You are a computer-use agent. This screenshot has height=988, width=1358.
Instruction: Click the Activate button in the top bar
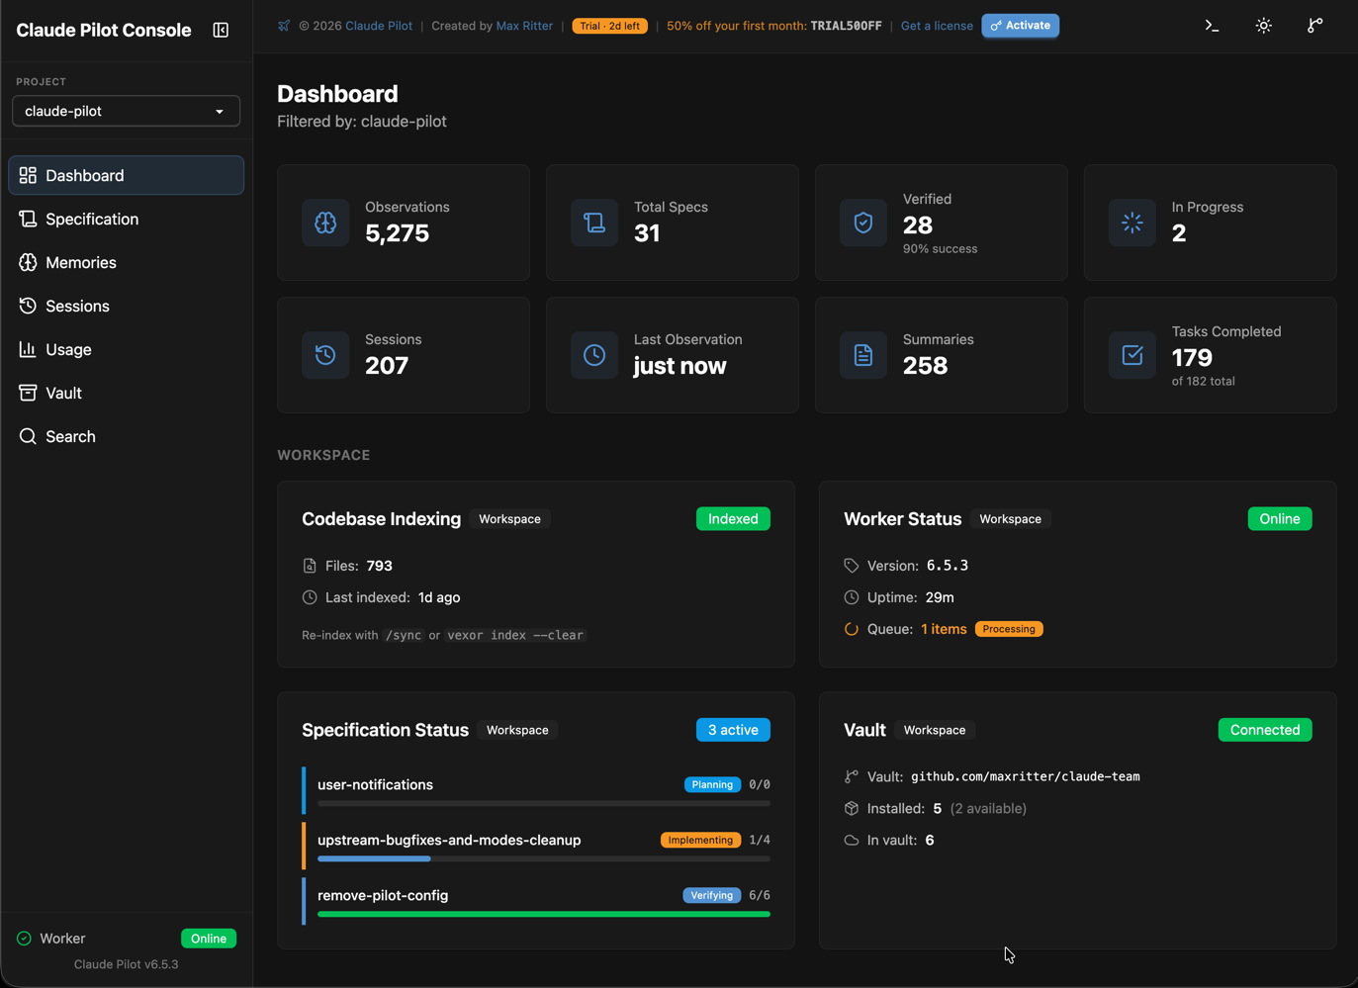pos(1020,26)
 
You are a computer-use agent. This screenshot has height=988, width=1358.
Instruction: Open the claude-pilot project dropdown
pos(126,111)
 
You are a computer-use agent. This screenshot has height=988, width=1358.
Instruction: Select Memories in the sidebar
pos(80,262)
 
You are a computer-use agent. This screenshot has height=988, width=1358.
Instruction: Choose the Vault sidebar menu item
pos(63,393)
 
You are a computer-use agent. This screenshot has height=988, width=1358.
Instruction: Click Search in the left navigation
pos(70,436)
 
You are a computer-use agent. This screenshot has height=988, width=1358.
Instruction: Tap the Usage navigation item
pos(68,349)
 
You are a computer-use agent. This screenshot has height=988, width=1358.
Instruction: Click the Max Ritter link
pos(524,26)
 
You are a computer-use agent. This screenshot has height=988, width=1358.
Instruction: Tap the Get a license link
pos(936,26)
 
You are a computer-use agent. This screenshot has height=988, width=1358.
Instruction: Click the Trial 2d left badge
pos(609,26)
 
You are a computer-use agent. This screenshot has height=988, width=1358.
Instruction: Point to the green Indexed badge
pos(732,519)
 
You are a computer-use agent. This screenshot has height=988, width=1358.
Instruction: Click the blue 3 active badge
pos(732,730)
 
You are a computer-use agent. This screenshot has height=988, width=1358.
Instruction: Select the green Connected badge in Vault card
pos(1264,730)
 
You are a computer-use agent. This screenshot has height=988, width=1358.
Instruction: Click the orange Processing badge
pos(1009,629)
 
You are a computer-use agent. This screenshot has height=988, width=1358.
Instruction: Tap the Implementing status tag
pos(700,840)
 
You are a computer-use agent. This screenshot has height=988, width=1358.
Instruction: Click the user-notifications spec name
pos(375,784)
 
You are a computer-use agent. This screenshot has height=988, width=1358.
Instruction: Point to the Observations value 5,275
pos(397,233)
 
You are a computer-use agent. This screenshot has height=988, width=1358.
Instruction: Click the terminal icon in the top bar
pos(1212,26)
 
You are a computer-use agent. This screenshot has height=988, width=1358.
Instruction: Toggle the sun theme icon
pos(1263,26)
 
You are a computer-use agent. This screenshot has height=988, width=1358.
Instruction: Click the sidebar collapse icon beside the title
pos(221,31)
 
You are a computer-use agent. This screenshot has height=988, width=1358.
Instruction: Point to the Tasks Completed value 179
pos(1192,357)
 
